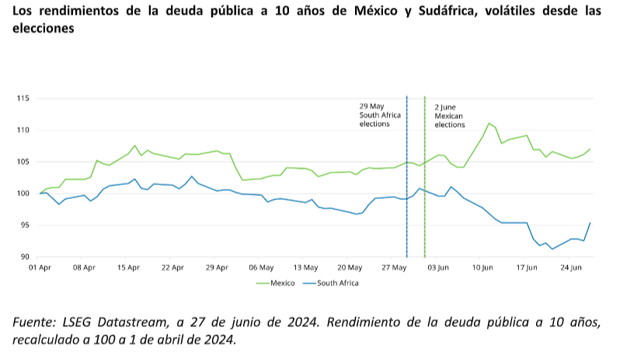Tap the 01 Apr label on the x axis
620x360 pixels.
39,267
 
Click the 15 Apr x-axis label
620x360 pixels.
128,267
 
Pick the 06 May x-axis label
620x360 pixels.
261,267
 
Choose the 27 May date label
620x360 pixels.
395,267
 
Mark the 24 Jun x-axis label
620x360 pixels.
571,267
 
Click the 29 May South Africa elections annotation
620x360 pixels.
380,115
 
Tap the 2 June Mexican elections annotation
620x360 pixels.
450,115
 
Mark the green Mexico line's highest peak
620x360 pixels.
489,123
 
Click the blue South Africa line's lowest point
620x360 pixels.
552,249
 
